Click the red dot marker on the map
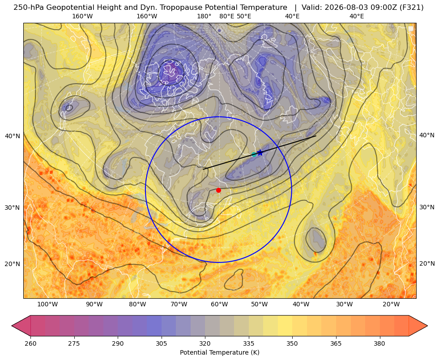218,190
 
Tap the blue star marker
260,152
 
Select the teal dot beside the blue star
254,154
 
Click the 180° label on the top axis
204,16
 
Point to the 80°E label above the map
226,16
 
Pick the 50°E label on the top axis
244,16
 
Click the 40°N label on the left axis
13,136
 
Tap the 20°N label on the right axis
427,263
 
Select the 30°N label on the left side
13,208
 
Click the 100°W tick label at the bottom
47,305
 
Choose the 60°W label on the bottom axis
219,305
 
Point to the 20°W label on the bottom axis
391,305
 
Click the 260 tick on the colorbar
30,343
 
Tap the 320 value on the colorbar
205,343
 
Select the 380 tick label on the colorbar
379,343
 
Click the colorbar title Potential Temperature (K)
219,352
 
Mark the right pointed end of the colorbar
427,326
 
